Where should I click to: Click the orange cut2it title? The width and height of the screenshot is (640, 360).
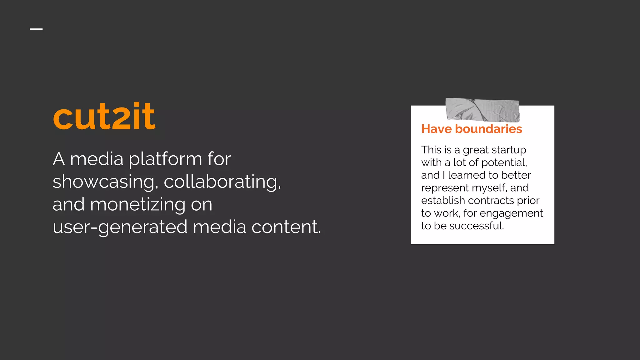(x=104, y=116)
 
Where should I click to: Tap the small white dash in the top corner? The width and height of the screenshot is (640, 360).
(x=36, y=29)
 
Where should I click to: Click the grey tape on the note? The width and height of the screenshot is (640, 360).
(x=482, y=110)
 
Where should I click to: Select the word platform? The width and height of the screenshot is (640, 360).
(x=166, y=159)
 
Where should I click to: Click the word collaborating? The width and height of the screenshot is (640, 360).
(x=222, y=182)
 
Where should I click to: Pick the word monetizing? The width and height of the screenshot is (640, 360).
(x=137, y=205)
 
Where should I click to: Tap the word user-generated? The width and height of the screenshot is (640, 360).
(x=120, y=227)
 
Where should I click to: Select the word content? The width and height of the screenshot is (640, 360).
(x=286, y=227)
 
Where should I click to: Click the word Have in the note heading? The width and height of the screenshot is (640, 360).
(x=437, y=129)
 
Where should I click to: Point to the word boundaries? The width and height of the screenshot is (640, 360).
(x=488, y=129)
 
